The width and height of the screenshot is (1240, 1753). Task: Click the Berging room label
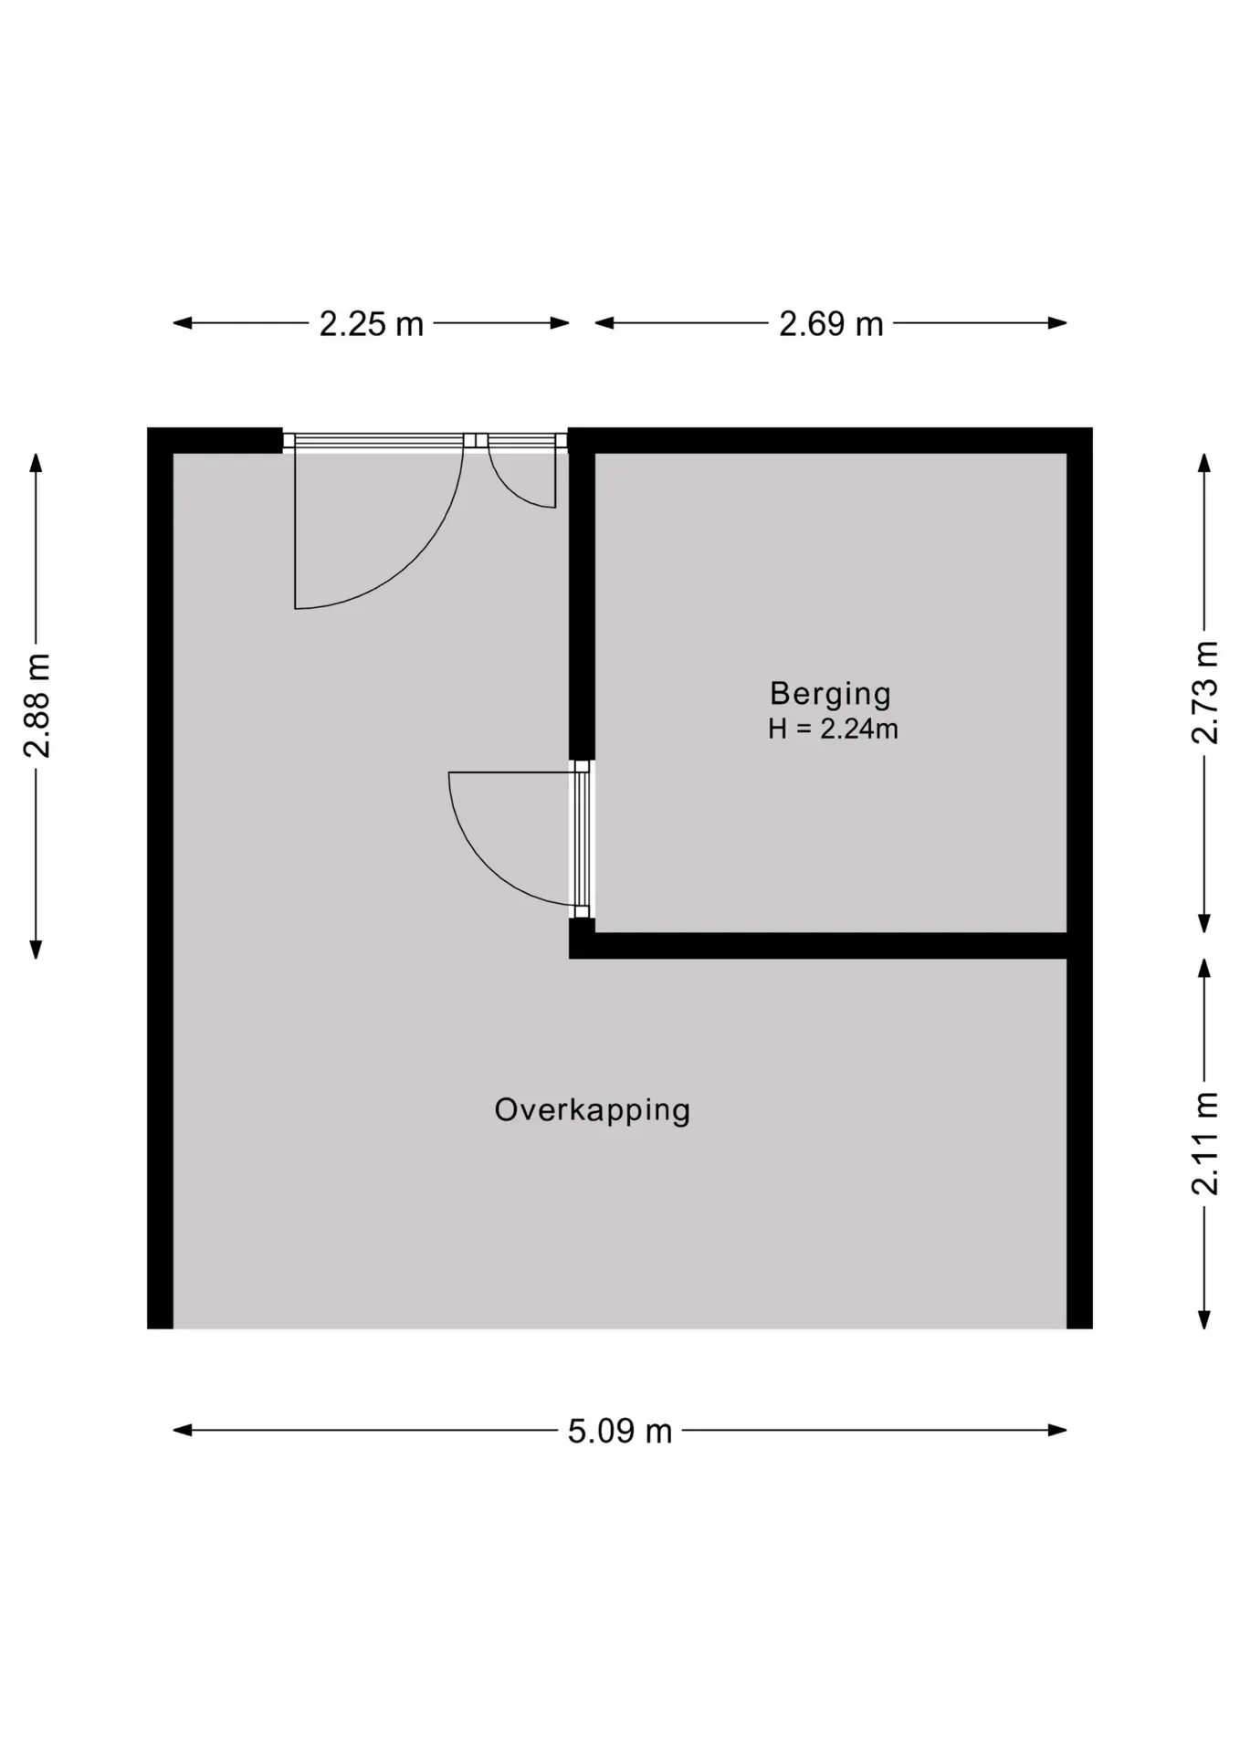point(830,695)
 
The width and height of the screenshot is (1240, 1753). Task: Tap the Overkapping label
point(593,1111)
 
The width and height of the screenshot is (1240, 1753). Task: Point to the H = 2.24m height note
point(833,729)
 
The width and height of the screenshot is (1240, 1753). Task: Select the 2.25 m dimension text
point(372,324)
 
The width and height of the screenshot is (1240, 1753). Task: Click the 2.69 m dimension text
point(831,324)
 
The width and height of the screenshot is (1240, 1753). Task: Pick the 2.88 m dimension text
point(37,706)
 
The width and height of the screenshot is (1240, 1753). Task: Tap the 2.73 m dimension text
point(1205,692)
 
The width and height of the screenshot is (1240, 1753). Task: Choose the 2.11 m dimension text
point(1205,1143)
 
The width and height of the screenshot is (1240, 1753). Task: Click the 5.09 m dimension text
point(620,1431)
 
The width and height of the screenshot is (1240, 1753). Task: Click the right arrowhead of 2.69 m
point(1057,322)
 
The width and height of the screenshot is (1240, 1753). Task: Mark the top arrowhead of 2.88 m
point(37,463)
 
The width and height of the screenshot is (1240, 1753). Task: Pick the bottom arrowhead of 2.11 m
point(1204,1318)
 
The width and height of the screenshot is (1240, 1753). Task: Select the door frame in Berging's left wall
point(583,839)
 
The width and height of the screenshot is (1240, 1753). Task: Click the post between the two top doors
point(476,441)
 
